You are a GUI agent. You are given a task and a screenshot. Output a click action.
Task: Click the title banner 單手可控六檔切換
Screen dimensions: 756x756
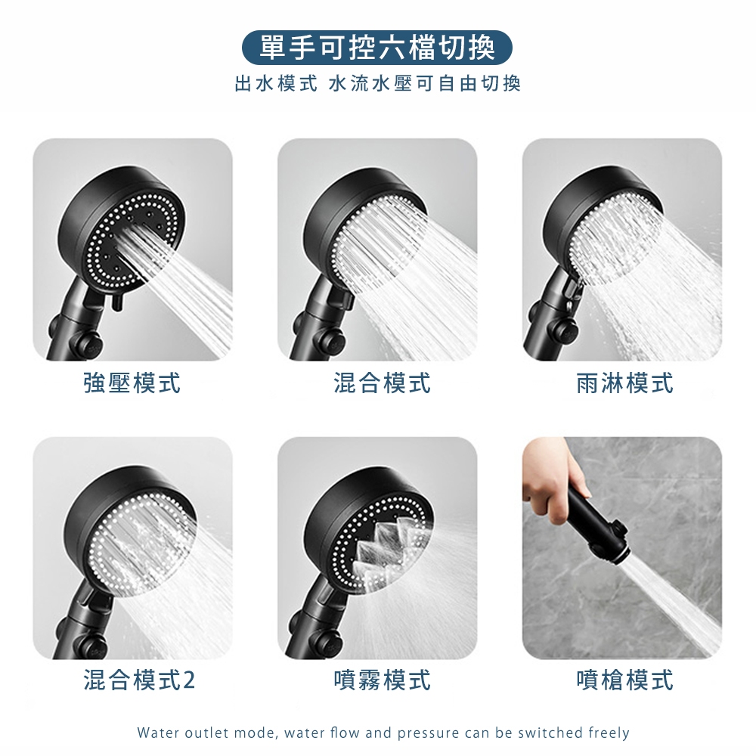pos(376,48)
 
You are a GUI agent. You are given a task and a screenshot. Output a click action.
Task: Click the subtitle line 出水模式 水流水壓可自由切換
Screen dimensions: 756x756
pos(377,84)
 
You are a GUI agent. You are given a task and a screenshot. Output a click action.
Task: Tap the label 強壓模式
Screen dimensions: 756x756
pos(132,383)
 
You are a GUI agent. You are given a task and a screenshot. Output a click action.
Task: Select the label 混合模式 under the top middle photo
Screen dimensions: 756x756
pos(383,383)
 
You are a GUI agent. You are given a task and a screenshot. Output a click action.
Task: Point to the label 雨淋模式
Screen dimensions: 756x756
pos(625,383)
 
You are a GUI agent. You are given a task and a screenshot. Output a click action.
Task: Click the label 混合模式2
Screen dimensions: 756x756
pos(139,680)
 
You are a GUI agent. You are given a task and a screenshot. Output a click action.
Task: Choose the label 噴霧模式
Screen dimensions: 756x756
pos(383,680)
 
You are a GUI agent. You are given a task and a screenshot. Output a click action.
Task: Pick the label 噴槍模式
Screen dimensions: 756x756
pos(625,680)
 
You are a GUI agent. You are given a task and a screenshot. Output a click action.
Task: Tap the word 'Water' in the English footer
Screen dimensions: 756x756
pos(154,733)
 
